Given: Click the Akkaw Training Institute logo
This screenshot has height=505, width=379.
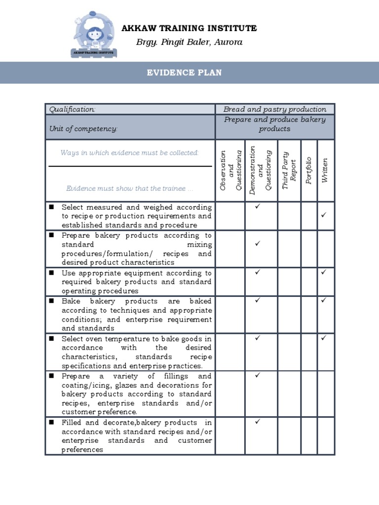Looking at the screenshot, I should [x=94, y=35].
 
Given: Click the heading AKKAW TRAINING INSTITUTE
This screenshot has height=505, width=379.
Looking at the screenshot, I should [x=189, y=29].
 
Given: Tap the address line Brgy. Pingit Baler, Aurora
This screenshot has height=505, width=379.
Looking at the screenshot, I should [x=189, y=42].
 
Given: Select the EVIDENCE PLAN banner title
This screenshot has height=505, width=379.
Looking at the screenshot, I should [x=184, y=73].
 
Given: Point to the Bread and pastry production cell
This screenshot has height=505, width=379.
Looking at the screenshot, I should [x=274, y=109].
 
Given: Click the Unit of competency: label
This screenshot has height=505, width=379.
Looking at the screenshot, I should [x=83, y=128].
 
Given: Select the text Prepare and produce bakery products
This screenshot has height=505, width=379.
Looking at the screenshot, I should [x=274, y=124].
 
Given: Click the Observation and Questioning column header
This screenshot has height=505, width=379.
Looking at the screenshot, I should [x=230, y=170].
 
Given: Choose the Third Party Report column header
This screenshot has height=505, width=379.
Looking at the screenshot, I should [x=289, y=170].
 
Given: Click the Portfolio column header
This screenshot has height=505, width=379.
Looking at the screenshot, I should [x=309, y=170].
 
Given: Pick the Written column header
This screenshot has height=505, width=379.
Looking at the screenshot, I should [x=325, y=170].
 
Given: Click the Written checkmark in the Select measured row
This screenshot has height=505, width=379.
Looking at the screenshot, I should [x=324, y=215].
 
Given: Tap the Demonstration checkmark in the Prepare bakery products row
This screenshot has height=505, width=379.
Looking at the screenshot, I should [x=257, y=244].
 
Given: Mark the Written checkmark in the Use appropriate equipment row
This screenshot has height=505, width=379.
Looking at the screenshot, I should [x=324, y=272].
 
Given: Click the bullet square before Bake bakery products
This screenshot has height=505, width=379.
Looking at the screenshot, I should [x=51, y=301].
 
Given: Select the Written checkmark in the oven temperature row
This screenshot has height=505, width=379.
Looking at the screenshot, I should [x=324, y=338].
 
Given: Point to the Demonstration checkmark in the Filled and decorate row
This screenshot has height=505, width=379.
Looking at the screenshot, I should [x=257, y=422].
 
